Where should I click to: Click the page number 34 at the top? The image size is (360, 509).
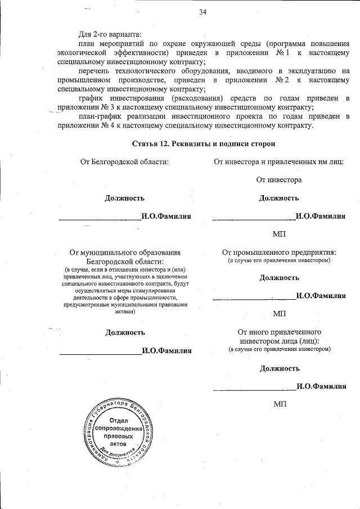pyautogui.click(x=202, y=12)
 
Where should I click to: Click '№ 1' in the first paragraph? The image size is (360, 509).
pyautogui.click(x=282, y=52)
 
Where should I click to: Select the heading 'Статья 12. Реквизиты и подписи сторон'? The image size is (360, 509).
pyautogui.click(x=203, y=144)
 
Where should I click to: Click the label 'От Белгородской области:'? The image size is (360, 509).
pyautogui.click(x=125, y=162)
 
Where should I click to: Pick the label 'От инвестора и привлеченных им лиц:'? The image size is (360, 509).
pyautogui.click(x=278, y=162)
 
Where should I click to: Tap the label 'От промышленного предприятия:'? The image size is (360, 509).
pyautogui.click(x=279, y=253)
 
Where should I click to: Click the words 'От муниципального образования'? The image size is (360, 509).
pyautogui.click(x=125, y=253)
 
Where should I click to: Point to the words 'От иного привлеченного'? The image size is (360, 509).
pyautogui.click(x=279, y=332)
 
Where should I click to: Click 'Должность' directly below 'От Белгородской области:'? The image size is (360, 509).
pyautogui.click(x=125, y=198)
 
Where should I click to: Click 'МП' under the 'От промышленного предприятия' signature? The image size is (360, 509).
pyautogui.click(x=279, y=313)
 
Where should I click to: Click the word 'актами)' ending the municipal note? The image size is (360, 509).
pyautogui.click(x=125, y=311)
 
